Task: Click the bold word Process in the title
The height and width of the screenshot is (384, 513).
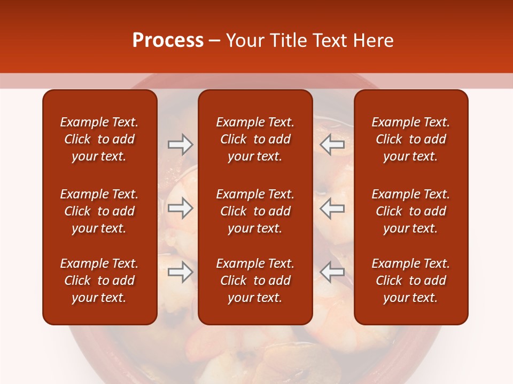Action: pyautogui.click(x=168, y=41)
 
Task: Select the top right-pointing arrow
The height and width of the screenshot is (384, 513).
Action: pyautogui.click(x=180, y=145)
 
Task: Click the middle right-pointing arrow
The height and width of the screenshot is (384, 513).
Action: pyautogui.click(x=180, y=208)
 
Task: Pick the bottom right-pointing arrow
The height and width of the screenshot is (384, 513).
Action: pyautogui.click(x=180, y=272)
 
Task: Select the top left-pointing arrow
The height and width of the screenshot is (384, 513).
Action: pyautogui.click(x=332, y=145)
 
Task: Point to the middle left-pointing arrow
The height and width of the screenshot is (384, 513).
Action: pyautogui.click(x=332, y=208)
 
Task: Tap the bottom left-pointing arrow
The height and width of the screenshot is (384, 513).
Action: pyautogui.click(x=332, y=272)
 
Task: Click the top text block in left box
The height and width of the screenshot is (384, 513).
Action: pyautogui.click(x=99, y=139)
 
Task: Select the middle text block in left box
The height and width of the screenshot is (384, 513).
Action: pyautogui.click(x=99, y=211)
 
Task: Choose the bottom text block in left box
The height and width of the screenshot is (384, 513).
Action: pyautogui.click(x=99, y=281)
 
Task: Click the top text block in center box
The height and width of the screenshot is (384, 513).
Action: pyautogui.click(x=255, y=139)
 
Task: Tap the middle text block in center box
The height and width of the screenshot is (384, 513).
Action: pyautogui.click(x=255, y=211)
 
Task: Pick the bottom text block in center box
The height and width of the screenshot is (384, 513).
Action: pyautogui.click(x=255, y=281)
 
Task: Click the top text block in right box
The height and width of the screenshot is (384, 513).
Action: pyautogui.click(x=410, y=139)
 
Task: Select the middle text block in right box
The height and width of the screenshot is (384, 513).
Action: pyautogui.click(x=410, y=211)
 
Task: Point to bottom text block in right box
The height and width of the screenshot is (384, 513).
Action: pyautogui.click(x=410, y=281)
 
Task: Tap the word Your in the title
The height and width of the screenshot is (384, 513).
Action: pyautogui.click(x=243, y=41)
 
